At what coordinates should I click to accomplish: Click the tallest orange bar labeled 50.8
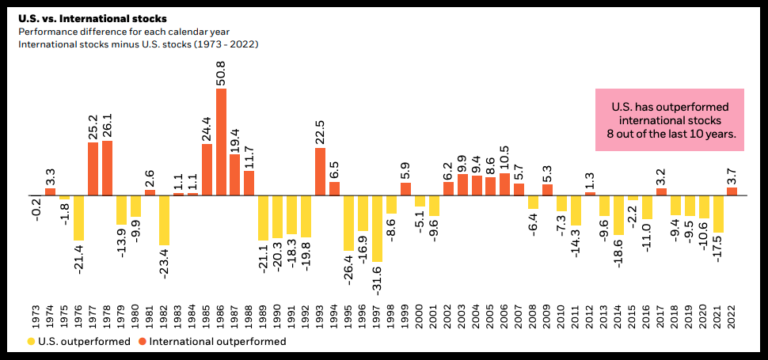221,141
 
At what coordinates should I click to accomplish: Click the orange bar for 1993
320,171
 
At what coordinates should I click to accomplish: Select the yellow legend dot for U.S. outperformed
32,342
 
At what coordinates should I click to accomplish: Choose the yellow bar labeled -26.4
349,222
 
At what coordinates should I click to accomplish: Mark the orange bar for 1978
107,167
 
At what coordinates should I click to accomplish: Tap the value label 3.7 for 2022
732,174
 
